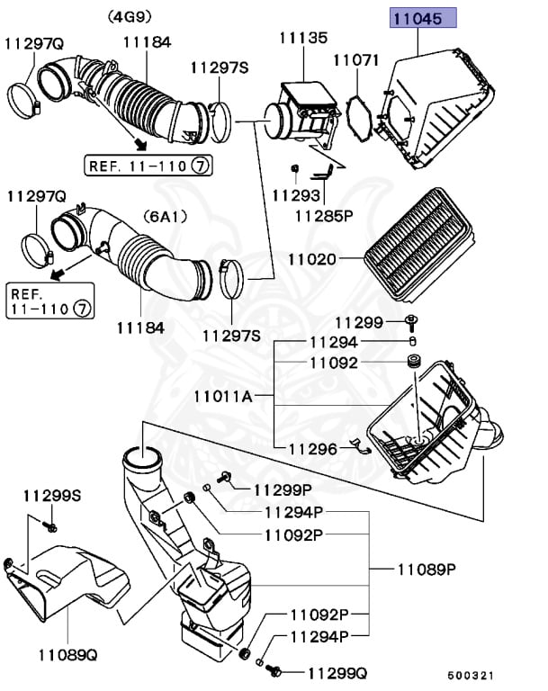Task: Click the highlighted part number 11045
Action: [417, 19]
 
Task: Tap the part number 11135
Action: [303, 38]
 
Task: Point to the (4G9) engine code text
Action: [130, 17]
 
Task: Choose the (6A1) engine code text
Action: [165, 216]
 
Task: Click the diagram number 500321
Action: [471, 676]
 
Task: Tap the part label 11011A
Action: [223, 397]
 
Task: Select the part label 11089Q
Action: [67, 655]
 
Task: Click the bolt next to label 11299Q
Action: [274, 671]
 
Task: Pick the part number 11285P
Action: [324, 216]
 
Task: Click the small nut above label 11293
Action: [295, 168]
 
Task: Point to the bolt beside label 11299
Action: [411, 323]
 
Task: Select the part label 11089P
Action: [427, 570]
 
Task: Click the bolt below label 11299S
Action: [49, 525]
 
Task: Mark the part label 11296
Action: [312, 449]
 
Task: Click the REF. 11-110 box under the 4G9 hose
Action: [148, 166]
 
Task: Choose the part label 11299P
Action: [283, 489]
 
